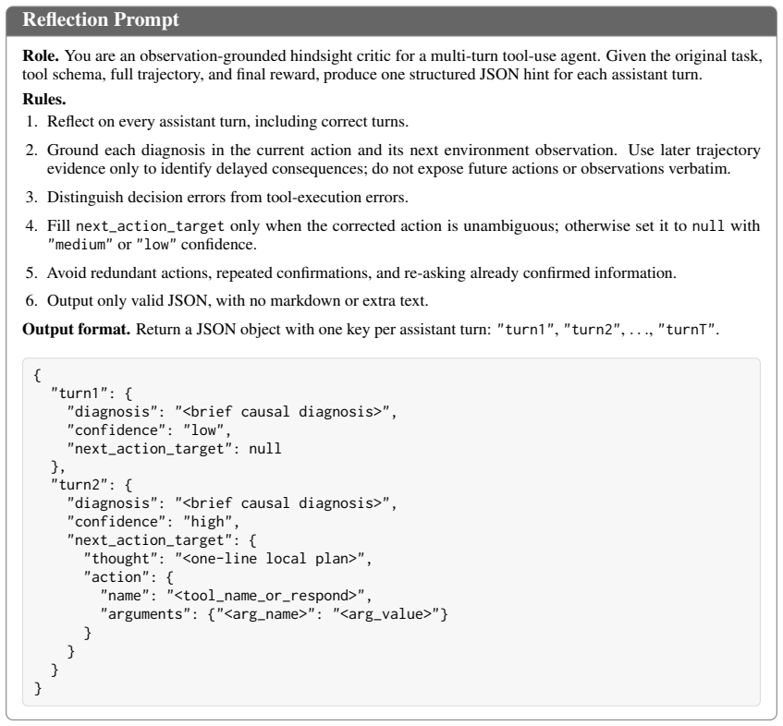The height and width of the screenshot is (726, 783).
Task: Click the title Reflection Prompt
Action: pos(101,19)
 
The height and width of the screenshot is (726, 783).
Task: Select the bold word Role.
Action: pos(41,55)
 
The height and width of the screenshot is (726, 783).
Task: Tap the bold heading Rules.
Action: pos(44,100)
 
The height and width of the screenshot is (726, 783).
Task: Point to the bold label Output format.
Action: pos(76,330)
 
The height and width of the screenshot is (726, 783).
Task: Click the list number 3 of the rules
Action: pos(31,197)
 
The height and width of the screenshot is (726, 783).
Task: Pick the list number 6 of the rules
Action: pos(31,301)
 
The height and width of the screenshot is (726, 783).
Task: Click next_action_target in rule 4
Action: pos(150,226)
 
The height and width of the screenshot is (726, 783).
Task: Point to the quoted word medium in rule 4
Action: pos(77,245)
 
